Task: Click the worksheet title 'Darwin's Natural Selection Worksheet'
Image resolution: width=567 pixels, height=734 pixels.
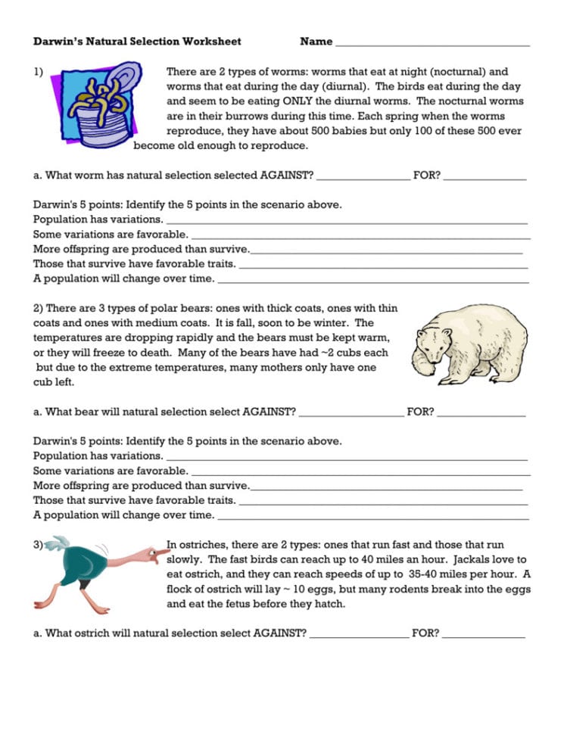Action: (x=137, y=42)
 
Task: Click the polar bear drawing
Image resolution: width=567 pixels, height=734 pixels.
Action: (x=469, y=344)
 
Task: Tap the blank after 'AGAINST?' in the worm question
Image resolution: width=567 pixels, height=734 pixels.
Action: (x=363, y=176)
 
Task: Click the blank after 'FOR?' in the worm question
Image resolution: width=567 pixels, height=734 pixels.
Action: (x=484, y=176)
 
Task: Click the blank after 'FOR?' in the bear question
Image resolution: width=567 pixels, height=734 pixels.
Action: (x=481, y=414)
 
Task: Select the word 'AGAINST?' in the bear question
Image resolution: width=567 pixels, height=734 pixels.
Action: (x=269, y=412)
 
